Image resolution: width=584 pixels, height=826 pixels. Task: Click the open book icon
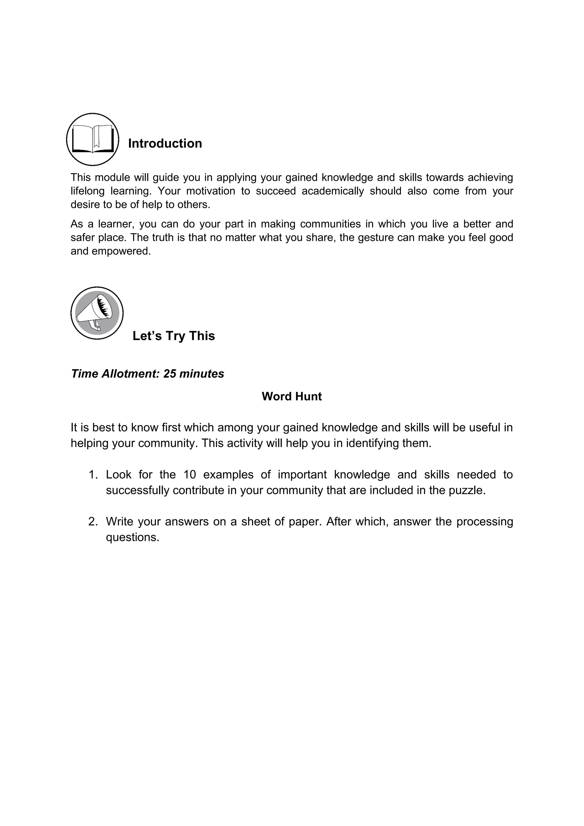(93, 139)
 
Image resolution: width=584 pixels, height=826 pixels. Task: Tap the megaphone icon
(97, 313)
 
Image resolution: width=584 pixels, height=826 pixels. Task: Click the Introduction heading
(165, 143)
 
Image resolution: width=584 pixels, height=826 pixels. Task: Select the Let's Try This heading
(174, 336)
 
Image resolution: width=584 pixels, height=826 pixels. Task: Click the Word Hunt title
(292, 396)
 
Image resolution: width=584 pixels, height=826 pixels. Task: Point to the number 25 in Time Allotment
(169, 374)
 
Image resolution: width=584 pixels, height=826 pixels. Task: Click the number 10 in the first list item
(190, 475)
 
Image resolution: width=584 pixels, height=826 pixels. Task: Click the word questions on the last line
(132, 537)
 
